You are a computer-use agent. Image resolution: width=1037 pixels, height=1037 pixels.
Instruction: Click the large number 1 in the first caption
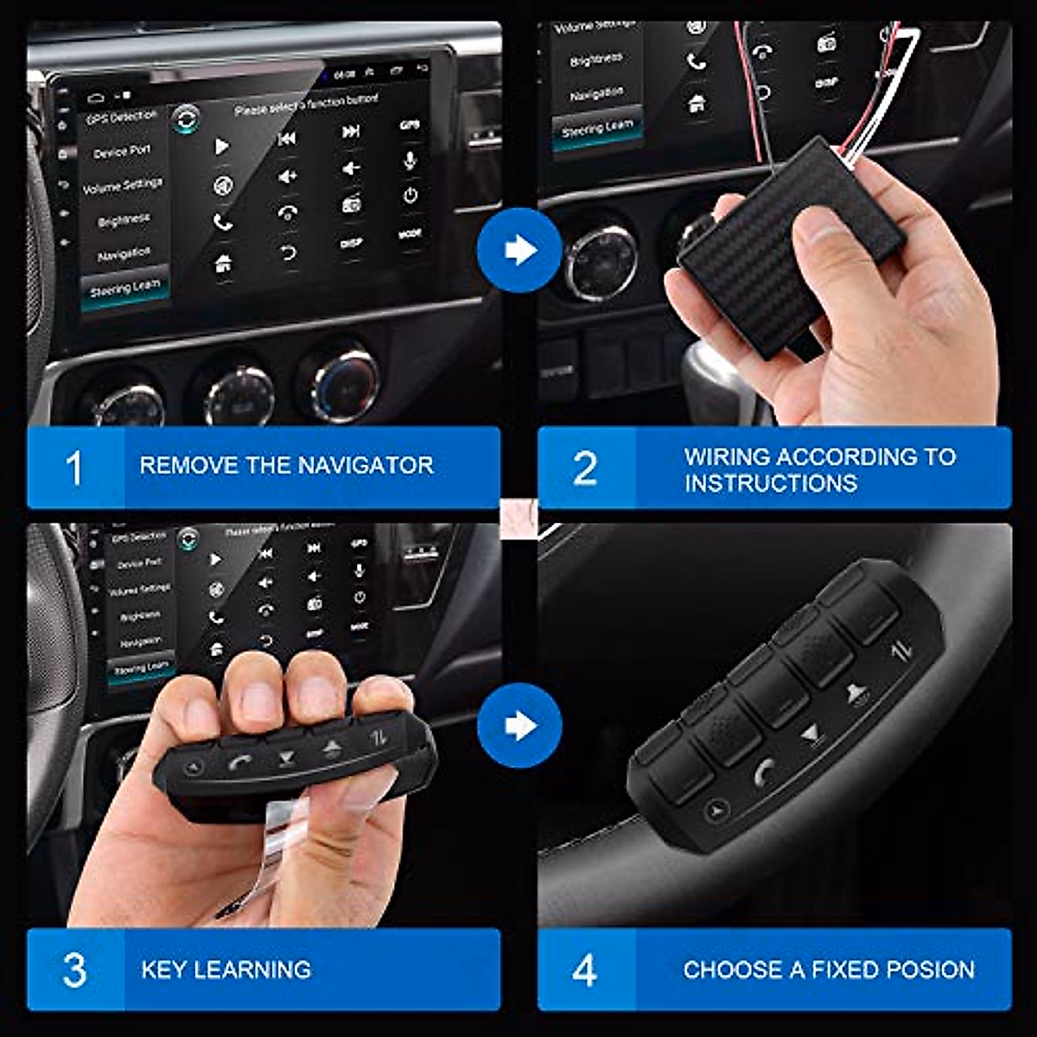tap(74, 468)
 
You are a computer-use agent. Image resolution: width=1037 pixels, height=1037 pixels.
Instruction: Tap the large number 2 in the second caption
tap(585, 468)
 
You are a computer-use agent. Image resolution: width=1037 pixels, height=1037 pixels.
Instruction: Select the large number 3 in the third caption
tap(74, 970)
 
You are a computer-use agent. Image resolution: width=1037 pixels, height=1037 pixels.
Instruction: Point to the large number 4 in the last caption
tap(585, 970)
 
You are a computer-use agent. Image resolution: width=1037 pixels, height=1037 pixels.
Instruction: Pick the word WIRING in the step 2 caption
tap(723, 456)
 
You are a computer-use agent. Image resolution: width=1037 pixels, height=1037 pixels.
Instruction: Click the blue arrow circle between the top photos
tap(519, 250)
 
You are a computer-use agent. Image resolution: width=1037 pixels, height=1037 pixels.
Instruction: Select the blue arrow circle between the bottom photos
tap(519, 725)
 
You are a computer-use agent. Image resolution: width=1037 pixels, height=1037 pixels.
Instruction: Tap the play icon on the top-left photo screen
tap(222, 147)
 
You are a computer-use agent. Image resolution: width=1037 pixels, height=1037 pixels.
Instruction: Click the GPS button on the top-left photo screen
tap(410, 125)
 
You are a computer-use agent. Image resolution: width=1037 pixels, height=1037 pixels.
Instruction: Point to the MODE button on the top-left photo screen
tap(410, 234)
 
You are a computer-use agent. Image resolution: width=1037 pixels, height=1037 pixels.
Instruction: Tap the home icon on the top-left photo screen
tap(223, 264)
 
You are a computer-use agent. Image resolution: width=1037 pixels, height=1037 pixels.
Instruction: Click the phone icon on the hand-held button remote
tap(239, 762)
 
